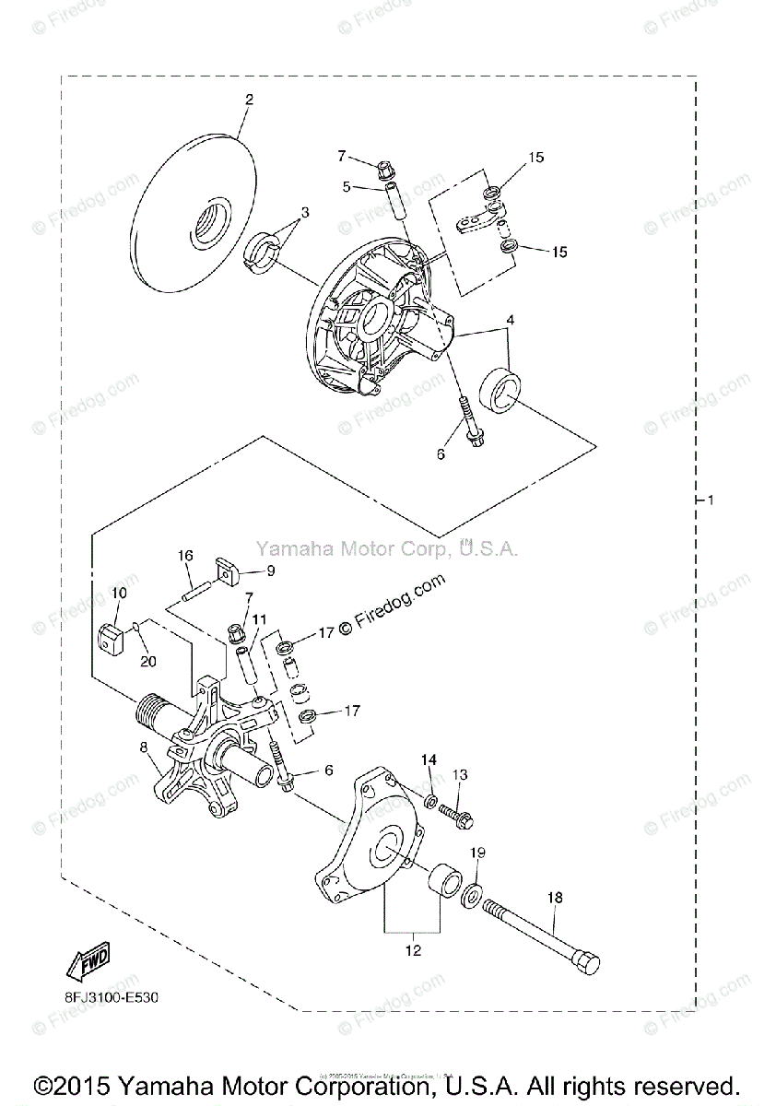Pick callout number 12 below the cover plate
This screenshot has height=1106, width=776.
pyautogui.click(x=412, y=950)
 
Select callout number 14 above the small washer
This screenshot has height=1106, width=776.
pyautogui.click(x=428, y=759)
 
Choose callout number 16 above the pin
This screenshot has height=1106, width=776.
pyautogui.click(x=185, y=556)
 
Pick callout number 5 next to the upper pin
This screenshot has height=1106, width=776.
pyautogui.click(x=346, y=186)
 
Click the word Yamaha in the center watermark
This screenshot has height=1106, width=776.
pyautogui.click(x=287, y=549)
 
